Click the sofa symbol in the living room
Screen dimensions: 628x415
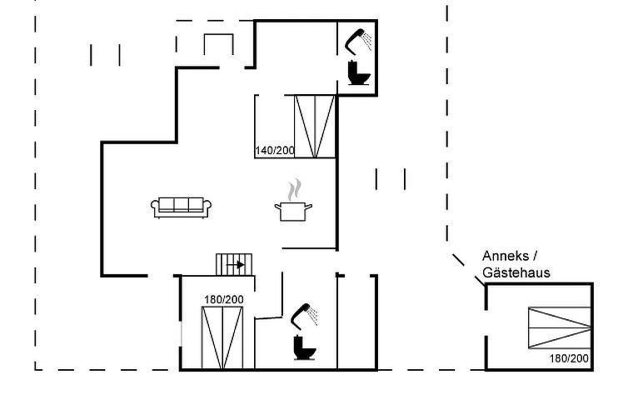(181, 207)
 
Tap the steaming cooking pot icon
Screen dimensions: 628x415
(293, 200)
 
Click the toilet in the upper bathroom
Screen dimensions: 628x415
(358, 72)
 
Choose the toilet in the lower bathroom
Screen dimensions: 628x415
(304, 347)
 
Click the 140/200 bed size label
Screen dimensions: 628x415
(275, 151)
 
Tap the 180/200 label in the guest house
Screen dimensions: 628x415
(569, 358)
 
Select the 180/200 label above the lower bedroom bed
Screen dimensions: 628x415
(224, 299)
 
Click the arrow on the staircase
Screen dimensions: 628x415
(236, 265)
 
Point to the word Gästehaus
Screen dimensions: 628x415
(516, 272)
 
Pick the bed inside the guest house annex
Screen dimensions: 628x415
(560, 327)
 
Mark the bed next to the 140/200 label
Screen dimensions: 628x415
(315, 126)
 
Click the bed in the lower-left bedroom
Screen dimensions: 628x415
(222, 337)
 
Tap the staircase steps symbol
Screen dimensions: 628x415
(234, 264)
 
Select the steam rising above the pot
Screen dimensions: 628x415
(294, 189)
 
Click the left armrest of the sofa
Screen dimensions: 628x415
(155, 207)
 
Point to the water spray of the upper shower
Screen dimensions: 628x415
(367, 42)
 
